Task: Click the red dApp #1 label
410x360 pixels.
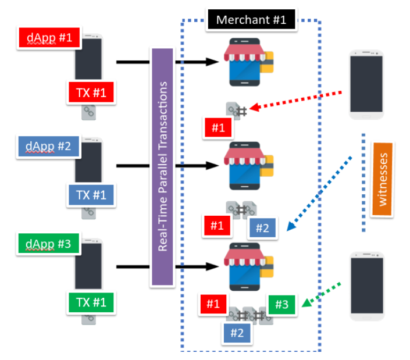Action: (x=49, y=38)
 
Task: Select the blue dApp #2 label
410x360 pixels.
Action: (x=49, y=147)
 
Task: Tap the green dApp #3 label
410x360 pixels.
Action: (x=49, y=244)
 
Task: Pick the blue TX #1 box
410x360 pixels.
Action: (x=90, y=194)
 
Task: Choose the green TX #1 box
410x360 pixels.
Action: (x=90, y=302)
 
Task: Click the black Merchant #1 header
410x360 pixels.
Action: (x=251, y=19)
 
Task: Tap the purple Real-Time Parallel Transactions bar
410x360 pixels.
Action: (x=163, y=167)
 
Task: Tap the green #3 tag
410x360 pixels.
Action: (x=282, y=305)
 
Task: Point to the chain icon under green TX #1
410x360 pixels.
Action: (x=89, y=319)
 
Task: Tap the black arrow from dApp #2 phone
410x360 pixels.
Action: (x=134, y=166)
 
